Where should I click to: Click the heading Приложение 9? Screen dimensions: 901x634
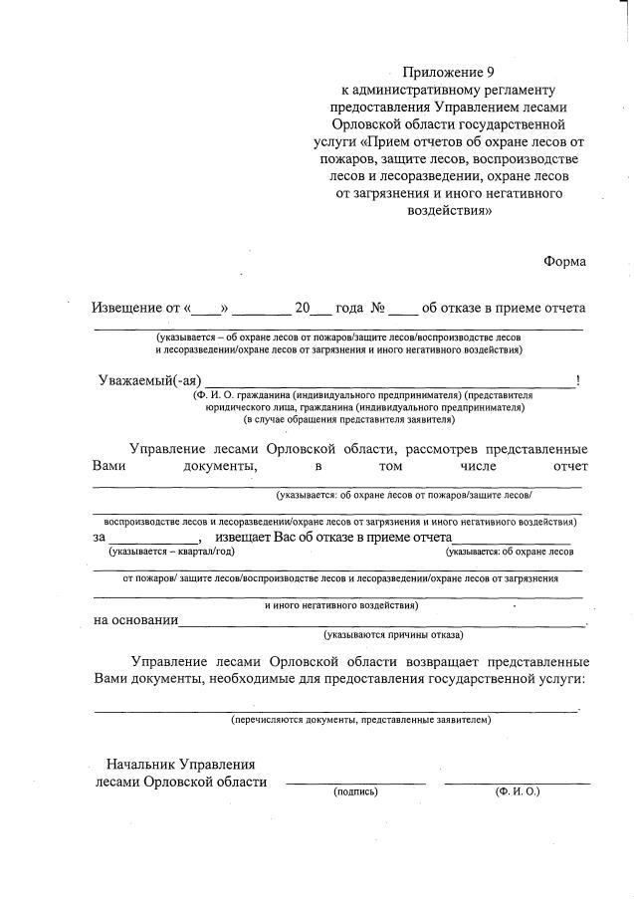pos(447,72)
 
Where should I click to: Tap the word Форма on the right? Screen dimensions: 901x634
pos(564,261)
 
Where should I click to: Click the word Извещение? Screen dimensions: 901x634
pos(127,308)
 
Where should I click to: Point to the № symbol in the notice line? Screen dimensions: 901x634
pos(378,308)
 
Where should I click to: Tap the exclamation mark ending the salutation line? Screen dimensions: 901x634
pos(578,380)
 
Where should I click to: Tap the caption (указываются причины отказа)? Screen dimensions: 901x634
pos(392,634)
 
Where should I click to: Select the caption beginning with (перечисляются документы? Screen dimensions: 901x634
pos(360,718)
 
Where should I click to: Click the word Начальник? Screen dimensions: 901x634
pos(140,765)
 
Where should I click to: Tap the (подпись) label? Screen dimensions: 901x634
pos(355,793)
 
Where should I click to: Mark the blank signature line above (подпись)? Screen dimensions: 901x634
pos(355,784)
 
